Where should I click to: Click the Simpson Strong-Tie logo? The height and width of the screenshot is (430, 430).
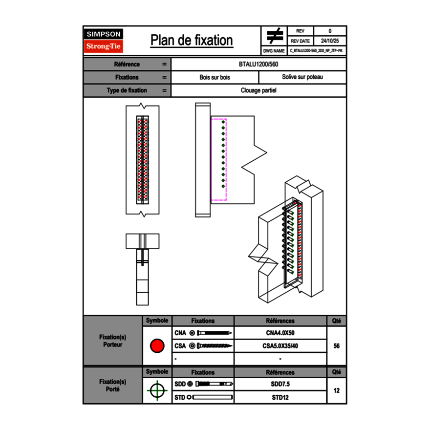pos(104,41)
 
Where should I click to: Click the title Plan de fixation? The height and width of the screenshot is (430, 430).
pos(192,41)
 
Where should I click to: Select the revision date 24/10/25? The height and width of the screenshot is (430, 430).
pos(330,41)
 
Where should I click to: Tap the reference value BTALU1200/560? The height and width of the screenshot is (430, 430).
pos(259,64)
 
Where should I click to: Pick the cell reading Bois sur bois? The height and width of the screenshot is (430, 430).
pos(215,77)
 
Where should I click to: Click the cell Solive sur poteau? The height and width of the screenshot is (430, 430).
pos(302,77)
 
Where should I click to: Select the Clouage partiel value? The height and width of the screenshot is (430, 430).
pos(259,90)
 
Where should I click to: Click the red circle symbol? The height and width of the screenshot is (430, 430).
pos(157,346)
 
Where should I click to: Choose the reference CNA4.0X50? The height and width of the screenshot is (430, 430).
pos(280,333)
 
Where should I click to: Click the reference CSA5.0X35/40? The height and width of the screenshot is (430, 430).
pos(280,346)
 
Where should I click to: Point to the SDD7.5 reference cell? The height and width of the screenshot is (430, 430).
pos(280,384)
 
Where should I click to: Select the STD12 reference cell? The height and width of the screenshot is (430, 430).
pos(280,397)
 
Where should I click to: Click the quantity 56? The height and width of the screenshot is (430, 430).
pos(336,346)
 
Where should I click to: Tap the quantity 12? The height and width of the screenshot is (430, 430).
pos(336,390)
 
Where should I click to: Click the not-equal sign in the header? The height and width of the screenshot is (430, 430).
pos(274,36)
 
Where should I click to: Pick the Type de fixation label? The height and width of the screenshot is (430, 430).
pos(127,90)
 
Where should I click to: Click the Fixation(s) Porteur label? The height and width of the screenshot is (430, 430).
pos(113,341)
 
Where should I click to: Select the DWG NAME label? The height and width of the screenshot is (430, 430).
pos(274,51)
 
